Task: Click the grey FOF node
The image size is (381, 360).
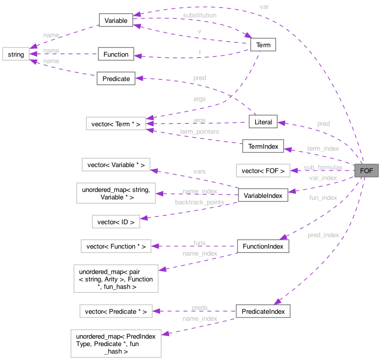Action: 366,171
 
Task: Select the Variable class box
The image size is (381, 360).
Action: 116,21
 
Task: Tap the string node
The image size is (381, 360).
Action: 15,54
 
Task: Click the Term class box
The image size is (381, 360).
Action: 263,45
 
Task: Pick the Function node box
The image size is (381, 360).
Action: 115,54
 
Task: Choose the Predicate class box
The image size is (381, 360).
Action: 116,79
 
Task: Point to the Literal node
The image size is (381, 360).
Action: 263,122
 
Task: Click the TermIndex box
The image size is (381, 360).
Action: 263,146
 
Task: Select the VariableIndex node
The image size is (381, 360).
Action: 263,195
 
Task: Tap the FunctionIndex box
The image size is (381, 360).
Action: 263,246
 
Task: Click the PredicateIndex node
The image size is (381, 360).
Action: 263,311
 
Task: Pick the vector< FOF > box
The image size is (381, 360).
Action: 263,171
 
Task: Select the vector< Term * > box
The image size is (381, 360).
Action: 116,124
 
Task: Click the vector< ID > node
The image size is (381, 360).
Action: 116,222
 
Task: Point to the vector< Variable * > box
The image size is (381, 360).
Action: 116,165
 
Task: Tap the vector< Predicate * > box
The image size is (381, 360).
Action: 116,312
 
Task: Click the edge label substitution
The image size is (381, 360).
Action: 199,15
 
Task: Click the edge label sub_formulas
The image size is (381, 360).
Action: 323,168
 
